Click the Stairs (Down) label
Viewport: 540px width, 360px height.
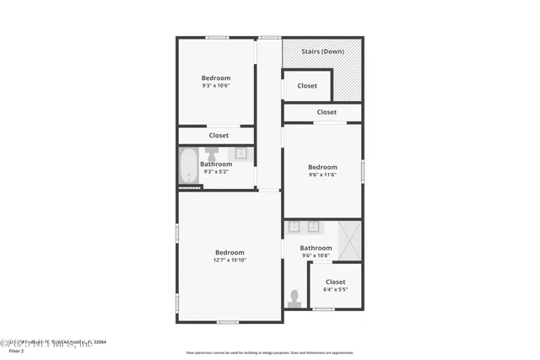coord(322,51)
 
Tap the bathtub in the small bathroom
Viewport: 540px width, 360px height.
coord(188,166)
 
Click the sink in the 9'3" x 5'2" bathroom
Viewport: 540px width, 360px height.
coord(240,153)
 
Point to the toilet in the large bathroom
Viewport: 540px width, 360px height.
coord(294,298)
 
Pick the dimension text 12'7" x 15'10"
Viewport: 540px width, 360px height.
coord(229,260)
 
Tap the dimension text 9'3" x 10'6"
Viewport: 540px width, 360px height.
coord(216,85)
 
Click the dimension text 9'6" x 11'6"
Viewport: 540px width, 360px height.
coord(322,175)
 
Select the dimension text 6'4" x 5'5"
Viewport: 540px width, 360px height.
coord(335,289)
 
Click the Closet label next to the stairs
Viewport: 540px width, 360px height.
coord(307,85)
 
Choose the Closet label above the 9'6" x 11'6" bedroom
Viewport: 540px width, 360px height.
coord(327,112)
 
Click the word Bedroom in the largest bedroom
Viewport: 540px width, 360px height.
coord(229,252)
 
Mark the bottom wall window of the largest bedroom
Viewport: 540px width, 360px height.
coord(227,322)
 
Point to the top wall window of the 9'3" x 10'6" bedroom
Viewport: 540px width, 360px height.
coord(217,37)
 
